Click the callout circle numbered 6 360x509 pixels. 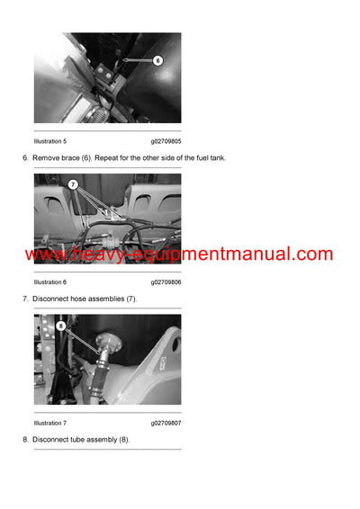pos(157,61)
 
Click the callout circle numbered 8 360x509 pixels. pos(60,326)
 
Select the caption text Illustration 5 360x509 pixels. pos(50,141)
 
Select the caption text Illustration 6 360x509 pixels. pos(50,281)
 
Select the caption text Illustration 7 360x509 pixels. pos(50,423)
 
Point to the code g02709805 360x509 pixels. pos(166,141)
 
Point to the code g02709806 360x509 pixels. pos(166,281)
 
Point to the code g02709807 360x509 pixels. pos(166,423)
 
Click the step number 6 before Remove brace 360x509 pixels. pos(24,157)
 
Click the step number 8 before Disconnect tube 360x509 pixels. pos(24,439)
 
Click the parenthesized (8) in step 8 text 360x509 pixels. pos(123,439)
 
